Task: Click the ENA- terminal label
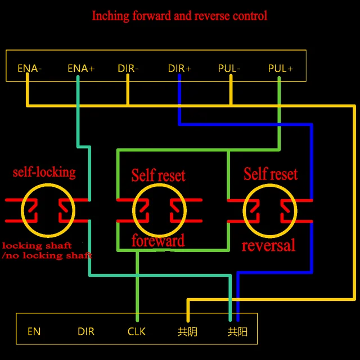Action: pyautogui.click(x=30, y=69)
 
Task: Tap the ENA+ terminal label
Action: pyautogui.click(x=80, y=69)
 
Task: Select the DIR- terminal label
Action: pyautogui.click(x=128, y=69)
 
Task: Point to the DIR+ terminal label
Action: pyautogui.click(x=179, y=69)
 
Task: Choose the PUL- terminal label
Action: pyautogui.click(x=229, y=69)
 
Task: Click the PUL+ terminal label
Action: pyautogui.click(x=280, y=69)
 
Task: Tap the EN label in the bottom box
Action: pyautogui.click(x=34, y=331)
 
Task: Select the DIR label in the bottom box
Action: pyautogui.click(x=86, y=331)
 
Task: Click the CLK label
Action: pyautogui.click(x=136, y=331)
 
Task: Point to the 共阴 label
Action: pyautogui.click(x=187, y=331)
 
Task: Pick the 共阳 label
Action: pyautogui.click(x=237, y=331)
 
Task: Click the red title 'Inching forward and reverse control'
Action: pyautogui.click(x=179, y=16)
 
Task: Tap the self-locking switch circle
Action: pyautogui.click(x=47, y=210)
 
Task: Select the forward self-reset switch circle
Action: pyautogui.click(x=159, y=210)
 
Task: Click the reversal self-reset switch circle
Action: pyautogui.click(x=269, y=210)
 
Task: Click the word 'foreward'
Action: pyautogui.click(x=157, y=241)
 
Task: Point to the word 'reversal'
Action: pyautogui.click(x=268, y=246)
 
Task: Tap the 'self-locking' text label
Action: pyautogui.click(x=44, y=172)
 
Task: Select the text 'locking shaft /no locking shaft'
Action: pyautogui.click(x=46, y=250)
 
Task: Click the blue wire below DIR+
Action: pyautogui.click(x=179, y=101)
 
